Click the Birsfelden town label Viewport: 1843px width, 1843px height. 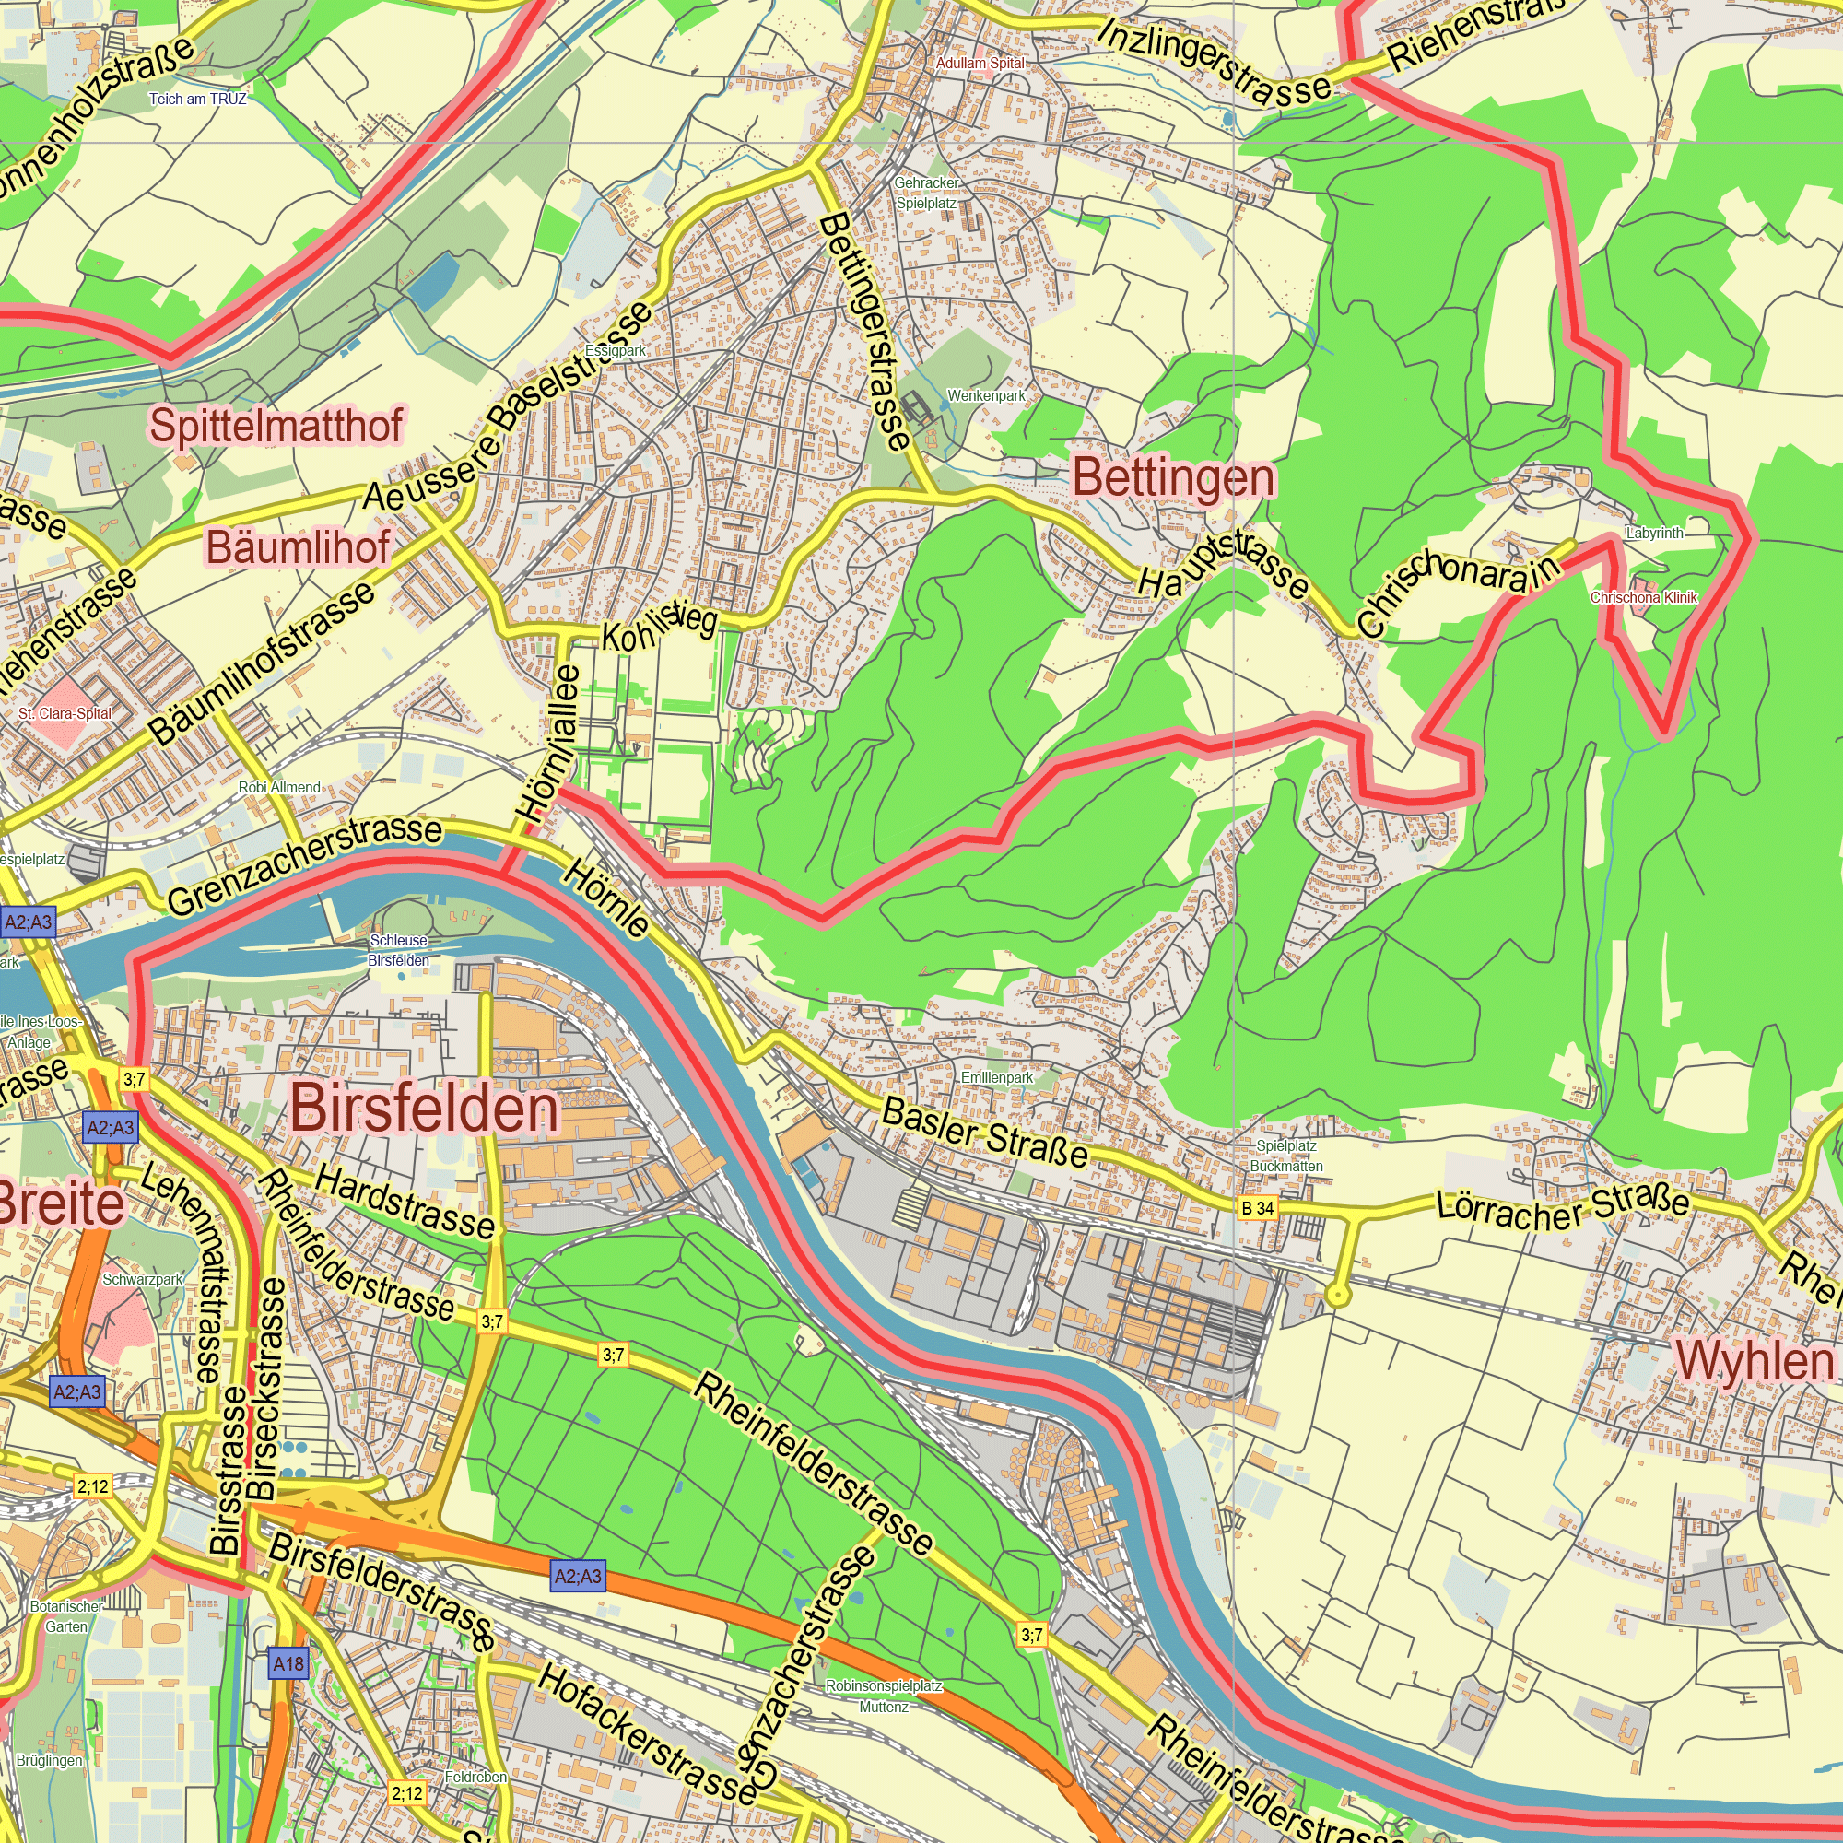pos(425,1109)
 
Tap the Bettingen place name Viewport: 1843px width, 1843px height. pos(1173,478)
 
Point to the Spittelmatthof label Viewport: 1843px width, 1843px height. pos(276,426)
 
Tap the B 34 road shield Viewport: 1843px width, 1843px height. pos(1257,1209)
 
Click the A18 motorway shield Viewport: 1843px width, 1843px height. pos(288,1663)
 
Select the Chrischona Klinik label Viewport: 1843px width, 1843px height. pos(1644,598)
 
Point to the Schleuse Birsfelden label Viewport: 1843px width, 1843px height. pos(399,950)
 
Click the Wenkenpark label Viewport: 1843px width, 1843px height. pos(986,396)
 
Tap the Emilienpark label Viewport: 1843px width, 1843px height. pos(997,1077)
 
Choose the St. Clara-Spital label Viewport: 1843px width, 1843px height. pos(65,713)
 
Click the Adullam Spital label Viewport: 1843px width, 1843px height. pos(980,63)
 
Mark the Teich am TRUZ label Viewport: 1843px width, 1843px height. pos(197,100)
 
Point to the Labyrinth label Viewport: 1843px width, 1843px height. pos(1655,534)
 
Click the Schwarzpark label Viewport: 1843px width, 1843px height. pos(143,1280)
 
